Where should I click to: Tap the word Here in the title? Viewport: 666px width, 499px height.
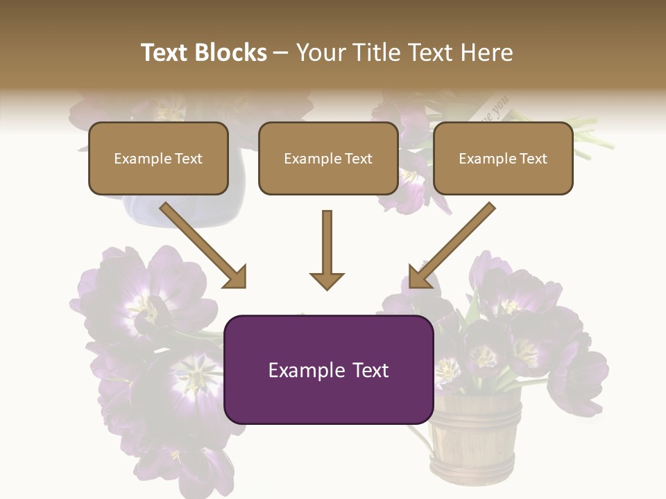[488, 53]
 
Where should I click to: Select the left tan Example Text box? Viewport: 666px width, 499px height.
[158, 158]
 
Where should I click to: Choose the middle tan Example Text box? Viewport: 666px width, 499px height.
[328, 158]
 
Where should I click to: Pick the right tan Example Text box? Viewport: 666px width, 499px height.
[503, 158]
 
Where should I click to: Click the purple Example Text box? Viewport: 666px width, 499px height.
[329, 369]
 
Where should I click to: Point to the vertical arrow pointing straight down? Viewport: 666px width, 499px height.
[327, 249]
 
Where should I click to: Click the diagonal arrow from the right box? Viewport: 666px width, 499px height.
[452, 245]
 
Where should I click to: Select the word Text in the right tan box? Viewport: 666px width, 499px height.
[533, 159]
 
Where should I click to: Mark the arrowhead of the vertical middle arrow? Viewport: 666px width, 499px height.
[327, 280]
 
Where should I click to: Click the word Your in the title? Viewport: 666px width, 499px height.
[318, 53]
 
